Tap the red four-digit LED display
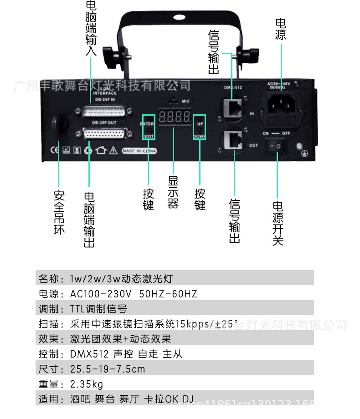(174, 116)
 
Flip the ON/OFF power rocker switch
(277, 146)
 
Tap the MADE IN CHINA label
(139, 151)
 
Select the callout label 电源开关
(278, 223)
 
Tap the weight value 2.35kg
(87, 384)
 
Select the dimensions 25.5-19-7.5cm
(108, 369)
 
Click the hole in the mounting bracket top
(177, 19)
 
